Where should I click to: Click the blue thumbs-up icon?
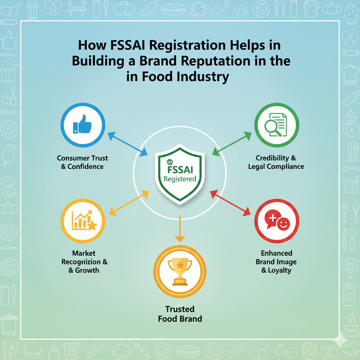(83, 125)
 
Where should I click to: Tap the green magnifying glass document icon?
(277, 125)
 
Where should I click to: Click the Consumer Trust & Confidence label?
(82, 162)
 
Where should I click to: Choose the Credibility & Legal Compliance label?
(276, 162)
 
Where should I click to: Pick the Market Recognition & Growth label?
(84, 262)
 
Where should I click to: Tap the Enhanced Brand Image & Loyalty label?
(276, 262)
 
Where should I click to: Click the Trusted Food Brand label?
(180, 314)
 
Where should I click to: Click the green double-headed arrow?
(232, 144)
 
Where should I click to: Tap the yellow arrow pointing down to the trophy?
(180, 229)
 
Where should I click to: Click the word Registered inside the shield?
(180, 179)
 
